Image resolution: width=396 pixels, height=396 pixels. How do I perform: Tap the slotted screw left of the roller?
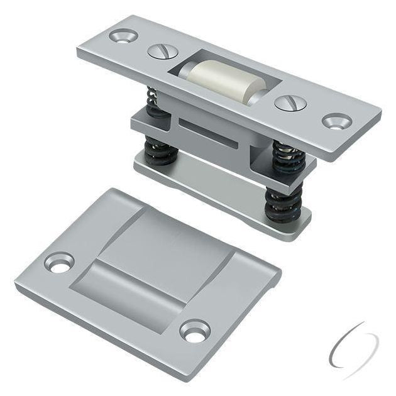click(x=160, y=51)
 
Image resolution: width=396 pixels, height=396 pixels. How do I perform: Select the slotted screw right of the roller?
click(x=290, y=101)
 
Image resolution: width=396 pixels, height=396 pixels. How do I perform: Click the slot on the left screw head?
click(x=160, y=51)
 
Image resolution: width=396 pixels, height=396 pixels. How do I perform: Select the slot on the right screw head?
click(x=290, y=101)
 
